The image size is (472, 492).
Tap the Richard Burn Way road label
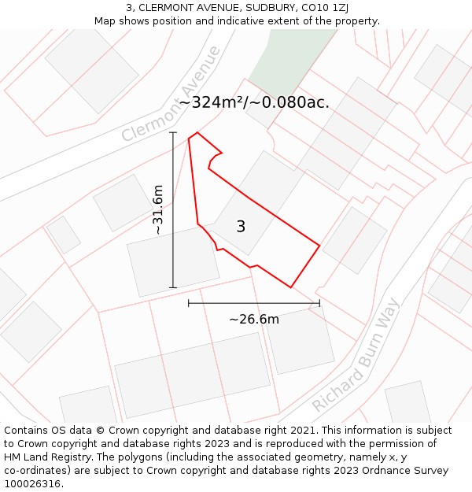[356, 355]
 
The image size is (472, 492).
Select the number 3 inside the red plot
[241, 227]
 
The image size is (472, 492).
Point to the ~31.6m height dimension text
[158, 209]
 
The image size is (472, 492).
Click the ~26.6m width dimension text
[254, 319]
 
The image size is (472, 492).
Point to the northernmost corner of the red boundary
[197, 132]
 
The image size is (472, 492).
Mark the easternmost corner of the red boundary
[319, 246]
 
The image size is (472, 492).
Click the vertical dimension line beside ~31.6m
[173, 209]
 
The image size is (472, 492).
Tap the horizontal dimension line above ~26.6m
[254, 302]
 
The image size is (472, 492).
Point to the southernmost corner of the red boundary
[291, 287]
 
